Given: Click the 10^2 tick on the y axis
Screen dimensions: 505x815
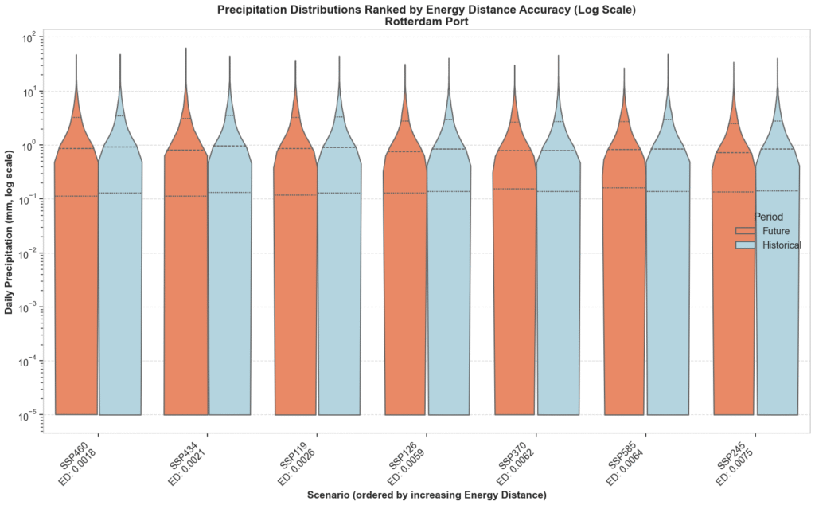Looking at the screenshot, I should pos(33,38).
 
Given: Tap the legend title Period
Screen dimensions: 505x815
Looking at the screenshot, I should pos(768,217).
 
